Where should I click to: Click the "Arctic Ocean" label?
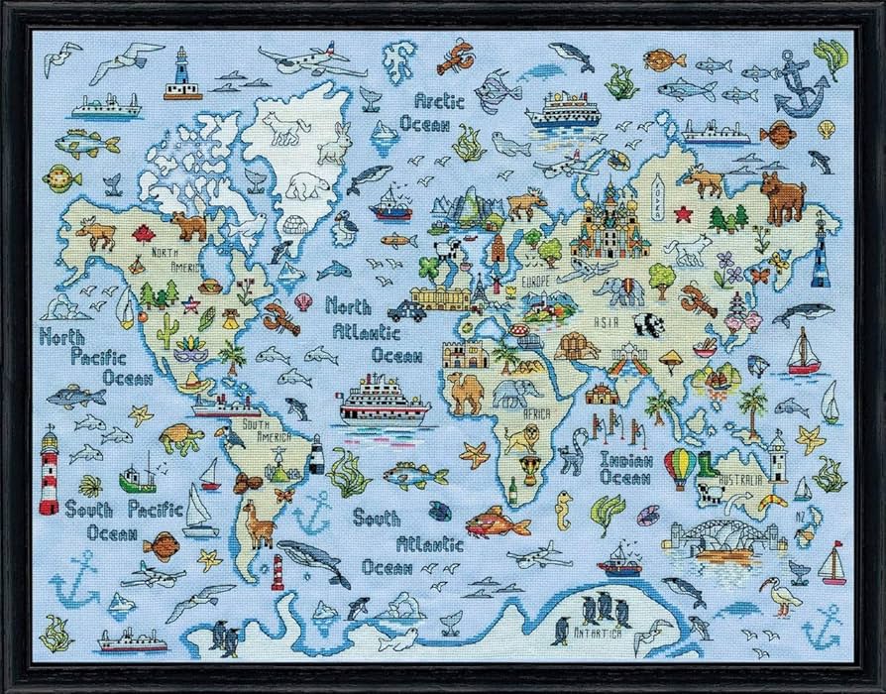pyautogui.click(x=425, y=113)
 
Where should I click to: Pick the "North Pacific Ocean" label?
pyautogui.click(x=95, y=356)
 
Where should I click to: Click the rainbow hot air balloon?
pyautogui.click(x=679, y=467)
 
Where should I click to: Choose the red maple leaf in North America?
pyautogui.click(x=145, y=235)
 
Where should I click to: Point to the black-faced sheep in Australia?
pyautogui.click(x=708, y=493)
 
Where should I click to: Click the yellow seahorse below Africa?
pyautogui.click(x=564, y=509)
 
